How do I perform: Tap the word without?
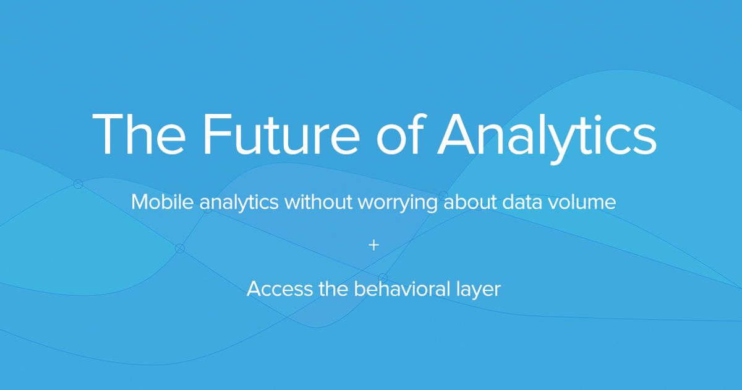(318, 202)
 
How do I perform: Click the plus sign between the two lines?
(373, 245)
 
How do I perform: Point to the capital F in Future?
(214, 134)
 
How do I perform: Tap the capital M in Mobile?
(141, 202)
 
